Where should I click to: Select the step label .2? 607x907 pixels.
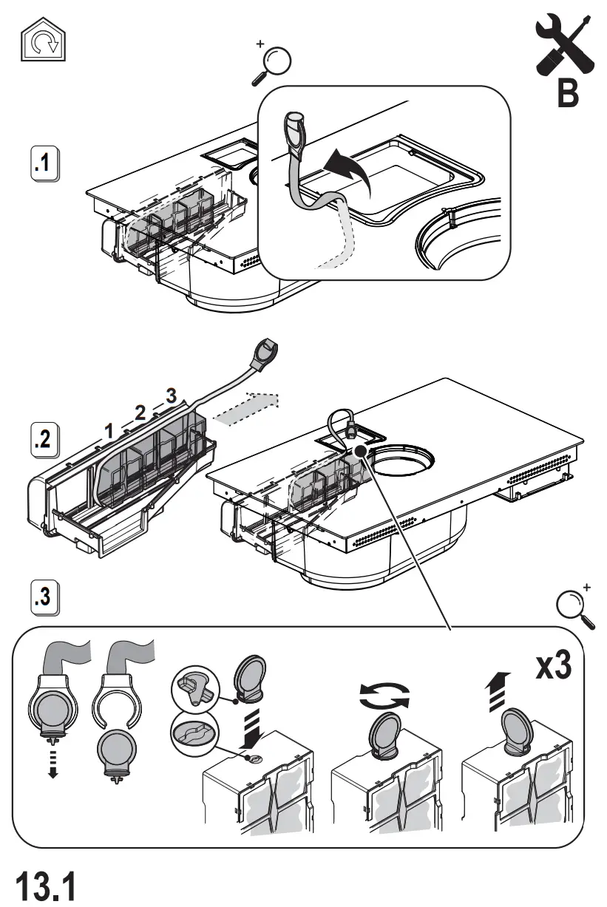[x=46, y=439]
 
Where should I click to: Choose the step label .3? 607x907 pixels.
[x=46, y=597]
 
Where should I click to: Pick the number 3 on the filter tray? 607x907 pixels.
[x=172, y=395]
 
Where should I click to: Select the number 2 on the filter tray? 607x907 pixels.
[x=140, y=412]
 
